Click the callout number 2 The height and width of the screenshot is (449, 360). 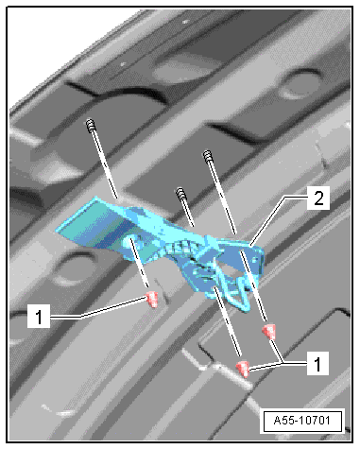(318, 199)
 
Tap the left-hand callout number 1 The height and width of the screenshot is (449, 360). (39, 316)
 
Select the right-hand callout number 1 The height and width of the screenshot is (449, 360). (317, 363)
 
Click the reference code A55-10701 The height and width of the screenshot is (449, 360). (302, 421)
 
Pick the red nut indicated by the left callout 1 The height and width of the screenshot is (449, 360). (152, 299)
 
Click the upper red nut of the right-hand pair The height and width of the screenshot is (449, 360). (269, 332)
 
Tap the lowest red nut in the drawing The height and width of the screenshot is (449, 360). (244, 369)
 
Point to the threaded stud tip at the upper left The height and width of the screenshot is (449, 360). (90, 124)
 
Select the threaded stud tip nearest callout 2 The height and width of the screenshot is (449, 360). (208, 156)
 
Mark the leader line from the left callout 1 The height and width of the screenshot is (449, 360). (97, 309)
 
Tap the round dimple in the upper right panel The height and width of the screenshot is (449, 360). (300, 84)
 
